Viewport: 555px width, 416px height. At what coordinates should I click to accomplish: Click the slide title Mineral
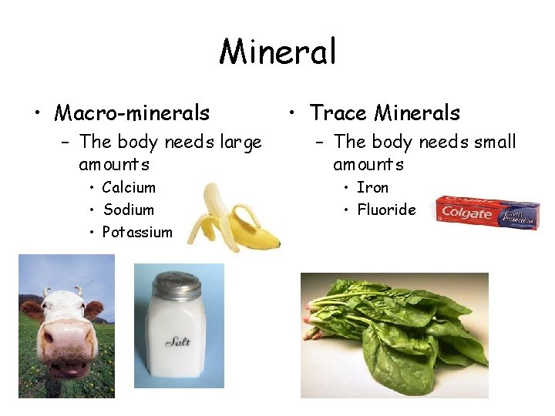point(277,52)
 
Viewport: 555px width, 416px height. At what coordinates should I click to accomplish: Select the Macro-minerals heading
point(132,113)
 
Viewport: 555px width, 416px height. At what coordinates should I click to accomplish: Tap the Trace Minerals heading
point(385,113)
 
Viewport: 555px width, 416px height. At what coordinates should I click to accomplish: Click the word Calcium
point(129,187)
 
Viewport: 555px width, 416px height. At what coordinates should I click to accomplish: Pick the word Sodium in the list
point(128,210)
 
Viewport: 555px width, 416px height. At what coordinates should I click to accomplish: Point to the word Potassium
point(137,232)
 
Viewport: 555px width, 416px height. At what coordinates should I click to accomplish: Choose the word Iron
point(372,187)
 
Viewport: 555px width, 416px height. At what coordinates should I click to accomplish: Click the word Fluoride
point(385,210)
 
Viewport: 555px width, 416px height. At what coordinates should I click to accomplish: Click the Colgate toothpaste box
point(486,213)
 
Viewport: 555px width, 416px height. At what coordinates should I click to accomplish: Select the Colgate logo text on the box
point(466,213)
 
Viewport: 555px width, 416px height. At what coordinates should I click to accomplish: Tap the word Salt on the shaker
point(178,341)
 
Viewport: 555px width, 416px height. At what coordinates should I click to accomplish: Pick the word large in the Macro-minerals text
point(240,142)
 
